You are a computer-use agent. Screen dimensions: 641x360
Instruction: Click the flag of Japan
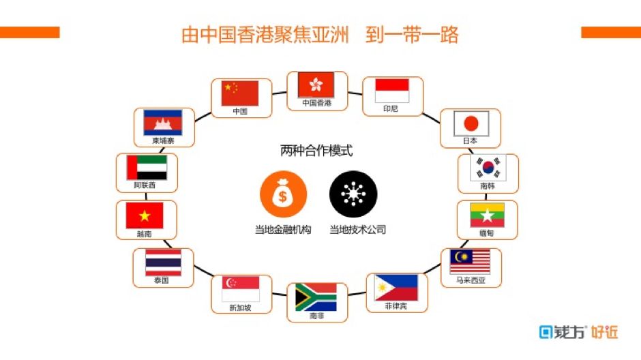[472, 123]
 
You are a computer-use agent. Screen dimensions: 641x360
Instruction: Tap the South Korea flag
[488, 167]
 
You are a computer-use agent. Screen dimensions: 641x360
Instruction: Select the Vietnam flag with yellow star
[145, 215]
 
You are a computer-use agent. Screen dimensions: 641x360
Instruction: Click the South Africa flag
[316, 297]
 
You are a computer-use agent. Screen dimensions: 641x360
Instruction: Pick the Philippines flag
[396, 288]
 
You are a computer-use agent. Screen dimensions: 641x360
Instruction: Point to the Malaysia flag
[470, 262]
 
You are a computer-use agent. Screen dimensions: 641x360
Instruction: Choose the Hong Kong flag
[316, 85]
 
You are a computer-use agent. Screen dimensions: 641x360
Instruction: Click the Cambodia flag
[163, 123]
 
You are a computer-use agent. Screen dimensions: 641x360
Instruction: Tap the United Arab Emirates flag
[147, 168]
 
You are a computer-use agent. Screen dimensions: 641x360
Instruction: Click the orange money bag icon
[283, 195]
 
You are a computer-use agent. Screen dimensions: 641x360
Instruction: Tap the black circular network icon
[353, 195]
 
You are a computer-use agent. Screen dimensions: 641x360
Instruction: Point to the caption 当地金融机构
[283, 230]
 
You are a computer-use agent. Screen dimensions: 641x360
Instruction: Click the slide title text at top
[320, 35]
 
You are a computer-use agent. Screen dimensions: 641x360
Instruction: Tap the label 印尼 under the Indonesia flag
[391, 108]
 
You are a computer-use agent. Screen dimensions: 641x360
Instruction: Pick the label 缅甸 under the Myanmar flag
[486, 233]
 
